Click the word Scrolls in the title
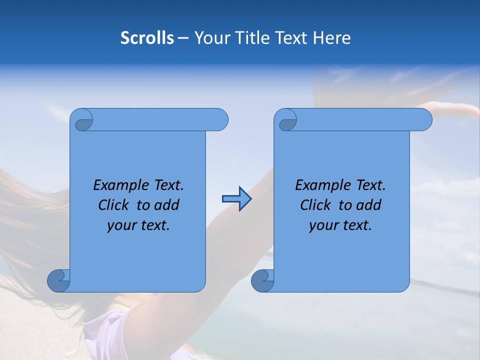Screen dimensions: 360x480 coord(147,38)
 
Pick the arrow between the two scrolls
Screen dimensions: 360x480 coord(236,199)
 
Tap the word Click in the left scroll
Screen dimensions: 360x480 coord(113,205)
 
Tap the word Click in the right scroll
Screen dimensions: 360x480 coord(315,205)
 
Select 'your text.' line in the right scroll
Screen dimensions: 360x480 coord(340,225)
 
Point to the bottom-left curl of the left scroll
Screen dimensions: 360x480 coord(59,280)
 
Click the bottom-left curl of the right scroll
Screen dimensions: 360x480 coord(262,280)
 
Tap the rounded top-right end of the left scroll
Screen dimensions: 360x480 coord(220,119)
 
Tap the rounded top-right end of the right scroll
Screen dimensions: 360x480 coord(424,119)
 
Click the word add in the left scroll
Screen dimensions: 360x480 coord(167,205)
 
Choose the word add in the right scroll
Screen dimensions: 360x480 coord(369,205)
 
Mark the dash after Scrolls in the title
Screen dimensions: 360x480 coord(183,38)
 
